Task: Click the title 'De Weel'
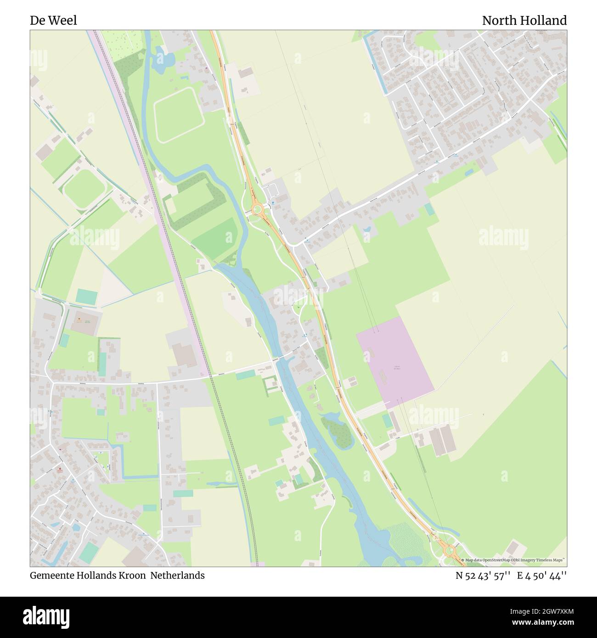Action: click(53, 21)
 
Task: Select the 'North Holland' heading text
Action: click(524, 21)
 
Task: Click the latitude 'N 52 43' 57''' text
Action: click(483, 575)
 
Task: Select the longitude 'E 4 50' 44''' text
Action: click(542, 575)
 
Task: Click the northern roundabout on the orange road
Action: click(257, 210)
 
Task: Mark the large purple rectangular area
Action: click(395, 356)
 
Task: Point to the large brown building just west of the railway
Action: click(184, 355)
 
